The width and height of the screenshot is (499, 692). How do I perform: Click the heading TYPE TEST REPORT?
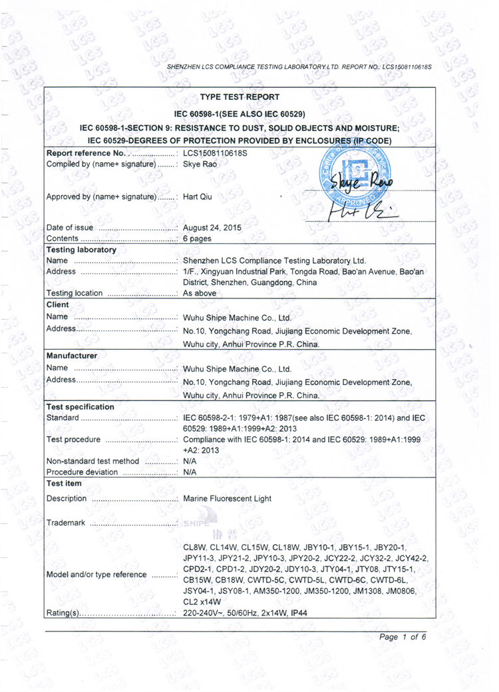click(240, 97)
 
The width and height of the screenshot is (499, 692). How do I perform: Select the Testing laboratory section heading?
click(81, 250)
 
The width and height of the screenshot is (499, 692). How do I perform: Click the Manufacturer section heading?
click(72, 356)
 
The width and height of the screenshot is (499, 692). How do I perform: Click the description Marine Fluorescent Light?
click(227, 498)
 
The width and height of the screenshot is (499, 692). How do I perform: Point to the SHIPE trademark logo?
click(199, 523)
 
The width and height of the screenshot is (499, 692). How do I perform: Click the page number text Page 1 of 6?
click(402, 637)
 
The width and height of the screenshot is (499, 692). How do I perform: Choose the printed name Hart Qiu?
click(198, 196)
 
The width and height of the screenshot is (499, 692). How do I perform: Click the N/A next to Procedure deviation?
click(189, 472)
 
